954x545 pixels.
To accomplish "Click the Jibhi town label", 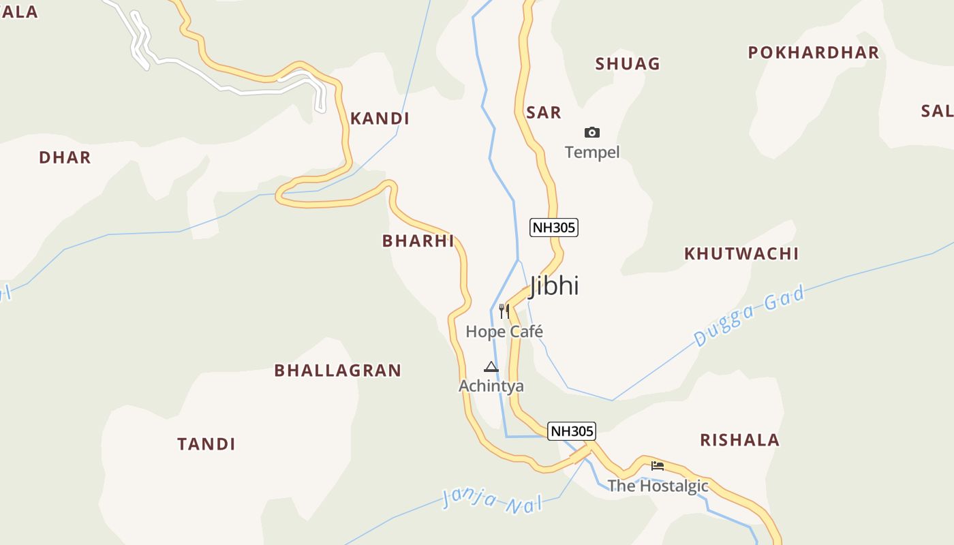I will point(554,285).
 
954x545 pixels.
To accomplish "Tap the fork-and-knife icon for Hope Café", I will point(504,311).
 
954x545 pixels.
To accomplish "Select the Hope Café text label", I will point(504,332).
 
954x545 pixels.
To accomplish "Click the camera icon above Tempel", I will point(592,132).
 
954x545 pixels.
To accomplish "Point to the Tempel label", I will point(592,152).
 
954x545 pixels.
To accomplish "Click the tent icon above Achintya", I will point(491,367).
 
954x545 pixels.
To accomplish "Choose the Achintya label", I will point(491,386).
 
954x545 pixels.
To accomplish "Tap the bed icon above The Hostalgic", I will point(658,466).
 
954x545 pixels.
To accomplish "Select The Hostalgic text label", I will point(658,486).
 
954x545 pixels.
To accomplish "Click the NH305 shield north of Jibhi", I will point(554,228).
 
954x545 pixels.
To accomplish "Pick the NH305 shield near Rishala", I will point(572,431).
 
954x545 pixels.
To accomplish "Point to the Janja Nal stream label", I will point(492,501).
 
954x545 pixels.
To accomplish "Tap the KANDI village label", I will point(380,119).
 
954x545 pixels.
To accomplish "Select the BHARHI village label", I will point(418,240).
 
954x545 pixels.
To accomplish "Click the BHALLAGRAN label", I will point(337,371).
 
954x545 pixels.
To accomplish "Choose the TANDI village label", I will point(206,444).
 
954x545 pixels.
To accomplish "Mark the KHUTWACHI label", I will point(741,253).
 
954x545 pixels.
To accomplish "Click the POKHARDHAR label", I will point(813,52).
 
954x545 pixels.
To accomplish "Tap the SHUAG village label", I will point(628,64).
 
